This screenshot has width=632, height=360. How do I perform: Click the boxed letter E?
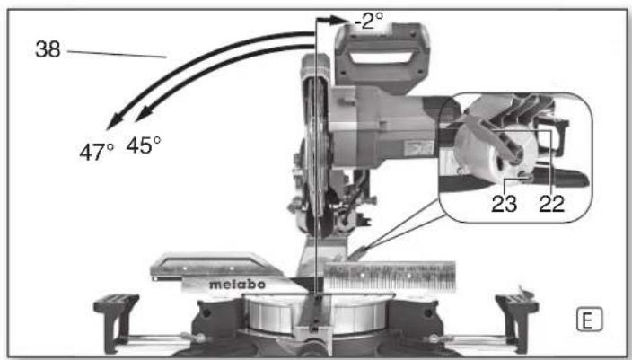588,317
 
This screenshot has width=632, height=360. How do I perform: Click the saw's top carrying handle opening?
382,60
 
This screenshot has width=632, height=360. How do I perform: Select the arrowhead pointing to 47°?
110,127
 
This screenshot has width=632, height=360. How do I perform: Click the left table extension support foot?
116,310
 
